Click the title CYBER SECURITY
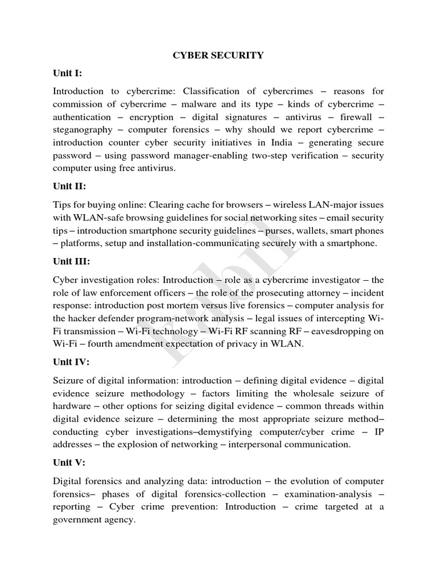tap(218, 55)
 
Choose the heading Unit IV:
tap(71, 361)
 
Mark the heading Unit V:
tap(69, 463)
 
